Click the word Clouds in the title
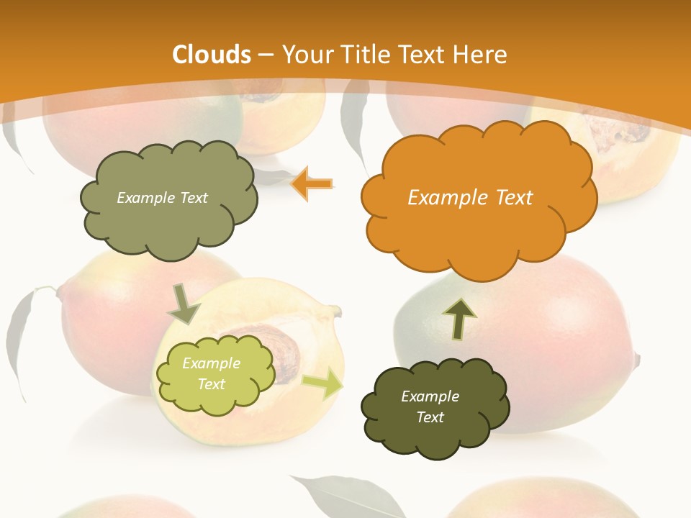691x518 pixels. [211, 55]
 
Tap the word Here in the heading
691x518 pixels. [482, 55]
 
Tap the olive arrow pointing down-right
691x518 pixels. [184, 304]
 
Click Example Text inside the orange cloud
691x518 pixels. [470, 198]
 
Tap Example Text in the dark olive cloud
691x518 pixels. [430, 406]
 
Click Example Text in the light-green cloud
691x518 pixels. [211, 373]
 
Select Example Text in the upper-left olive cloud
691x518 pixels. [162, 198]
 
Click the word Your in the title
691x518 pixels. [303, 55]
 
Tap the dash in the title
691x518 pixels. [266, 55]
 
